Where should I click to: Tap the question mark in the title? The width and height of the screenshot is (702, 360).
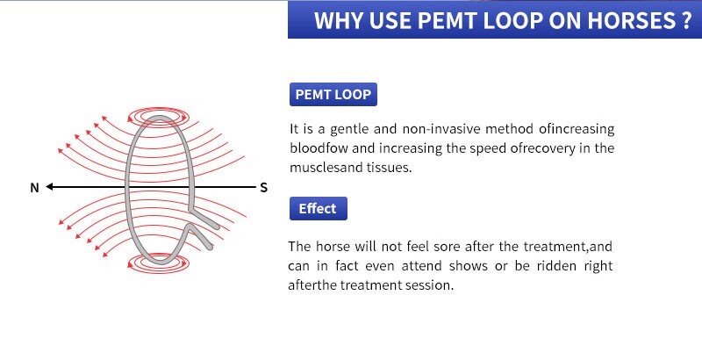(686, 21)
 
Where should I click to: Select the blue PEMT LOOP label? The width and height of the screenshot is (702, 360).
(333, 94)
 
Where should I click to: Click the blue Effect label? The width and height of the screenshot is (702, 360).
(318, 208)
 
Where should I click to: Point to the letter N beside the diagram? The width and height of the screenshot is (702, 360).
(34, 188)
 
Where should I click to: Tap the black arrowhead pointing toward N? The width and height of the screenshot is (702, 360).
(52, 187)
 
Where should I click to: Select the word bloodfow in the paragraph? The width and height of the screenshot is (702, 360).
(319, 148)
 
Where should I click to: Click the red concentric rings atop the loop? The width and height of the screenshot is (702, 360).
(157, 115)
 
